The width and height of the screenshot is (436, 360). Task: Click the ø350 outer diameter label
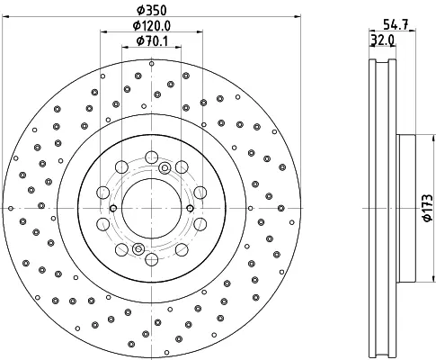(x=151, y=11)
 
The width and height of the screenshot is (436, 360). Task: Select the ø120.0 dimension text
(x=152, y=26)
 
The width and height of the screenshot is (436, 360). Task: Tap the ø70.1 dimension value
(x=152, y=41)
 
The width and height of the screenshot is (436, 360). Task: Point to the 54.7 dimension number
(x=396, y=24)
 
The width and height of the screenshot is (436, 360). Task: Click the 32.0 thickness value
(x=382, y=40)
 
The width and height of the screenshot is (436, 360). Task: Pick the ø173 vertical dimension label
(x=428, y=208)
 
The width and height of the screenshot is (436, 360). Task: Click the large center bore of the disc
(x=152, y=208)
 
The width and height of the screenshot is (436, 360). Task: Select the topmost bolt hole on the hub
(x=151, y=157)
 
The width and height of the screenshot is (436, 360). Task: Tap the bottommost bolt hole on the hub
(x=152, y=259)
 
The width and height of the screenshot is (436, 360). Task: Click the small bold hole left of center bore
(x=113, y=208)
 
